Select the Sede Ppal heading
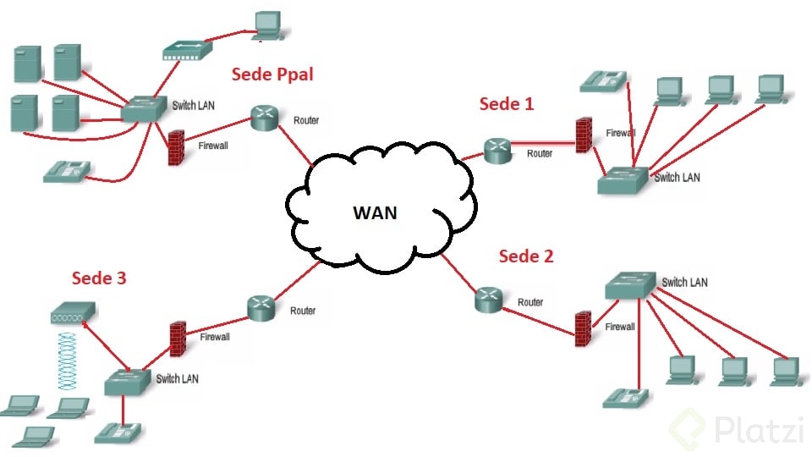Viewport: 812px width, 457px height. [272, 74]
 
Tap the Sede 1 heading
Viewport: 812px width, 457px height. [507, 104]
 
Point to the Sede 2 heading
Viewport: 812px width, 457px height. [525, 256]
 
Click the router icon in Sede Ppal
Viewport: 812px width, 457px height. [265, 118]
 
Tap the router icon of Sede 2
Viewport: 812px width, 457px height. [489, 297]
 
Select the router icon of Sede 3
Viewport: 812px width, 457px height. [261, 306]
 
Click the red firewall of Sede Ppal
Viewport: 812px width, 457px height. [178, 147]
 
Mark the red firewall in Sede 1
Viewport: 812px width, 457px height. [583, 136]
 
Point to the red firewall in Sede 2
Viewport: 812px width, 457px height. [583, 328]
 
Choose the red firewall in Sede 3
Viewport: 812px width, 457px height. [178, 337]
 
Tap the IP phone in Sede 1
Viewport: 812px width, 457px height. [603, 81]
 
